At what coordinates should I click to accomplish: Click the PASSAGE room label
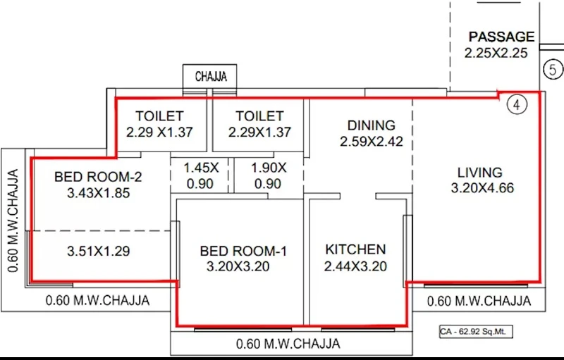click(501, 37)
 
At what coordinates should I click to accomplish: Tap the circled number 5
click(553, 69)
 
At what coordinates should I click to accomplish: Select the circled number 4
click(517, 105)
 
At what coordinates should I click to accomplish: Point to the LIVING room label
click(480, 173)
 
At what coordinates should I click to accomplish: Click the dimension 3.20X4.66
click(482, 188)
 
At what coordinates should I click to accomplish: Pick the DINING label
click(372, 125)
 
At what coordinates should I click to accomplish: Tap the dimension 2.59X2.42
click(372, 141)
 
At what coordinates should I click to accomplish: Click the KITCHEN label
click(355, 249)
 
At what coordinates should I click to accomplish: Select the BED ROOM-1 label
click(243, 251)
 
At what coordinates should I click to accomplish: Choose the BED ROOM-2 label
click(98, 177)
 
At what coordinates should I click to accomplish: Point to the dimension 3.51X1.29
click(98, 251)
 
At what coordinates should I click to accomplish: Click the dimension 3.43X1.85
click(98, 193)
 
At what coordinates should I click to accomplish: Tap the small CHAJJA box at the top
click(209, 76)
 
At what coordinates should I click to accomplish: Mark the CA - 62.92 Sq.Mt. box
click(476, 332)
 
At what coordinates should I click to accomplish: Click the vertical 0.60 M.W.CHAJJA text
click(13, 221)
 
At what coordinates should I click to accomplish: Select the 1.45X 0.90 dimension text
click(201, 175)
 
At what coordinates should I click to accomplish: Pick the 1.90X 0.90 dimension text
click(269, 175)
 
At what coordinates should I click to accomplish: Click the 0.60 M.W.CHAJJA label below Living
click(479, 301)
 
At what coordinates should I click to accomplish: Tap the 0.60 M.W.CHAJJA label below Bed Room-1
click(288, 344)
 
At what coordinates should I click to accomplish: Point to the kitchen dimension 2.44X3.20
click(355, 266)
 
